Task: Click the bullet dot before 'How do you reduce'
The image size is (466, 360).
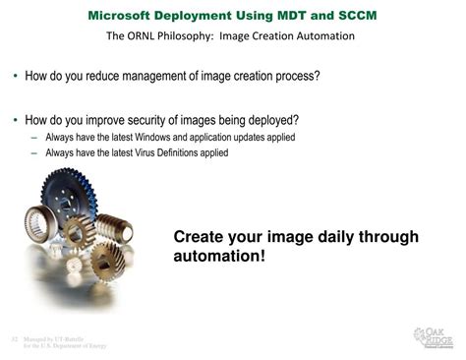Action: coord(15,76)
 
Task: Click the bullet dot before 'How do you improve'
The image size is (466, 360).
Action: coord(15,121)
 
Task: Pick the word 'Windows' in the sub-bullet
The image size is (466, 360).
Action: coord(144,138)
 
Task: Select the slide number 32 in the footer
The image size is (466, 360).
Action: coord(15,337)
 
